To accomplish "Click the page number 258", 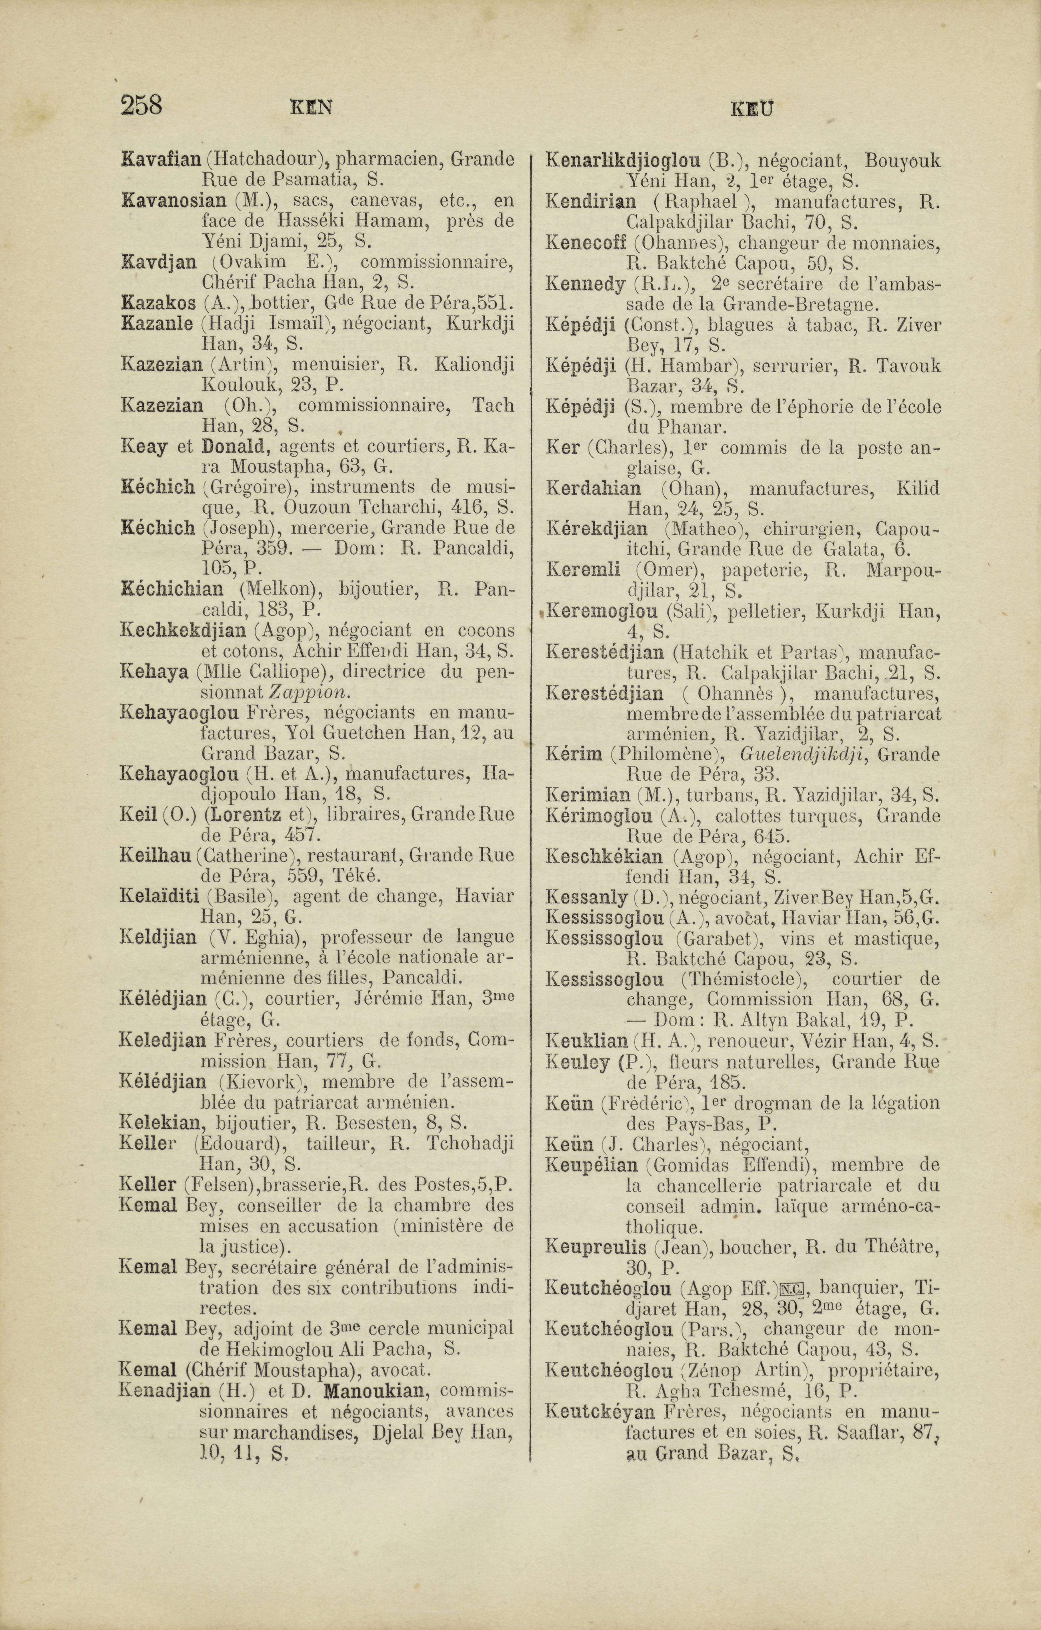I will [x=141, y=106].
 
